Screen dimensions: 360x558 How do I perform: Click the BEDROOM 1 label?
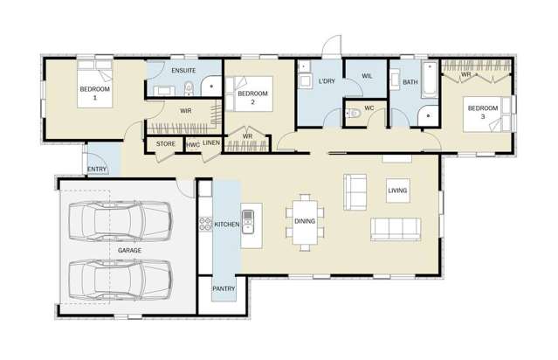pyautogui.click(x=94, y=93)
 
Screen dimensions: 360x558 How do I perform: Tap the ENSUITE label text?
pyautogui.click(x=183, y=70)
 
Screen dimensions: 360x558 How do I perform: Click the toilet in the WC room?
pyautogui.click(x=353, y=114)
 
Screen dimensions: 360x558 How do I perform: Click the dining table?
pyautogui.click(x=306, y=222)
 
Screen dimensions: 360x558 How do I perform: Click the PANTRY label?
pyautogui.click(x=224, y=287)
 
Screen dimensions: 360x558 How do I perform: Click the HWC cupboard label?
pyautogui.click(x=192, y=143)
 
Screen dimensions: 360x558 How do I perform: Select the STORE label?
pyautogui.click(x=166, y=143)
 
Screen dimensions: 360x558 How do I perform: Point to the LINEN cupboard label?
pyautogui.click(x=211, y=143)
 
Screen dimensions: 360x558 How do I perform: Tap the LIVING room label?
pyautogui.click(x=398, y=190)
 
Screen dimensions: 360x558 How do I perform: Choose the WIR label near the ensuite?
pyautogui.click(x=185, y=111)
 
